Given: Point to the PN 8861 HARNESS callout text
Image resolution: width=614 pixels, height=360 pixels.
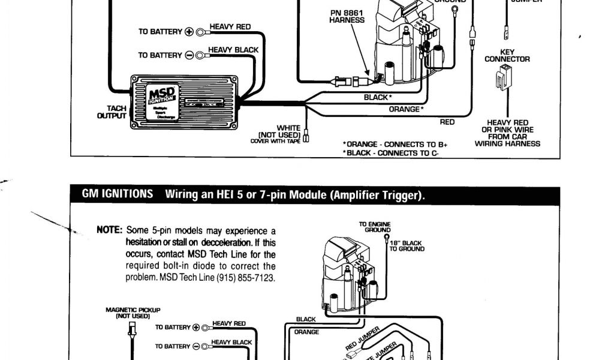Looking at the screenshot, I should tap(347, 16).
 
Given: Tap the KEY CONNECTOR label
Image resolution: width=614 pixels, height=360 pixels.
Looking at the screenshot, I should tap(507, 56).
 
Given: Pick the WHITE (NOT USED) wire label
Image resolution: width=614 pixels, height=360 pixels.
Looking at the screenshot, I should tap(288, 131).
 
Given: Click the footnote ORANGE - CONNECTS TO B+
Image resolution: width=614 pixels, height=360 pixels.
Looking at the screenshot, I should tap(396, 145).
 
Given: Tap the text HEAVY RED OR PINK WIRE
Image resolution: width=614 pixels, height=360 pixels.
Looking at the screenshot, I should tap(507, 126).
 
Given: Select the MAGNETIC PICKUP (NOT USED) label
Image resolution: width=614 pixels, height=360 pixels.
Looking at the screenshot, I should tap(133, 313).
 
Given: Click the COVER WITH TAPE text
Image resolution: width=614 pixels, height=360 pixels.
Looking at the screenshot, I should tap(276, 141).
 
